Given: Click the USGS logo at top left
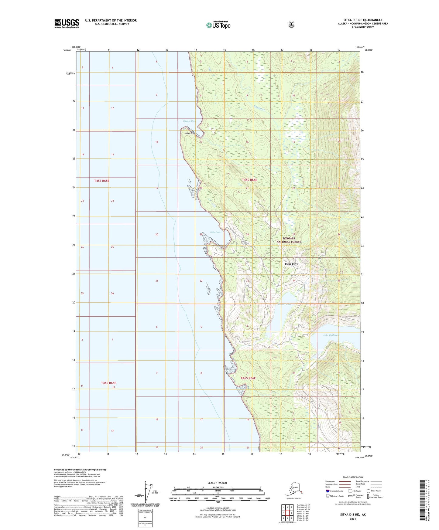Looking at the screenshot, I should [x=67, y=23].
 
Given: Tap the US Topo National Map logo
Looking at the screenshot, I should [x=218, y=25].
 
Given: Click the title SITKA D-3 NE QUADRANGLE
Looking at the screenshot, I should [x=361, y=20].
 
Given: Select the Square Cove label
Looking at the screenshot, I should [x=190, y=121].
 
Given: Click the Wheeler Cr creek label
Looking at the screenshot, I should [x=260, y=107].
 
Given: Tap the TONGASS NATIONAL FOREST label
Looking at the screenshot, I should [x=288, y=240].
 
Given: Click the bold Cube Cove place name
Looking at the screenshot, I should [x=291, y=264].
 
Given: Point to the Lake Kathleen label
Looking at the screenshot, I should [x=331, y=335].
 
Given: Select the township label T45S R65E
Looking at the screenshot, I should [x=101, y=181].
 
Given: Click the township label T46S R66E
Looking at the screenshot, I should [x=248, y=378].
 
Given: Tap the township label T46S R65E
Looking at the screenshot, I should [x=108, y=383].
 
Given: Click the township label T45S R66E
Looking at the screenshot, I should [x=249, y=180].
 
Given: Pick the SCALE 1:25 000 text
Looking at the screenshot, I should [x=217, y=483].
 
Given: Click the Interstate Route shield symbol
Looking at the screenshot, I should [x=328, y=491].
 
